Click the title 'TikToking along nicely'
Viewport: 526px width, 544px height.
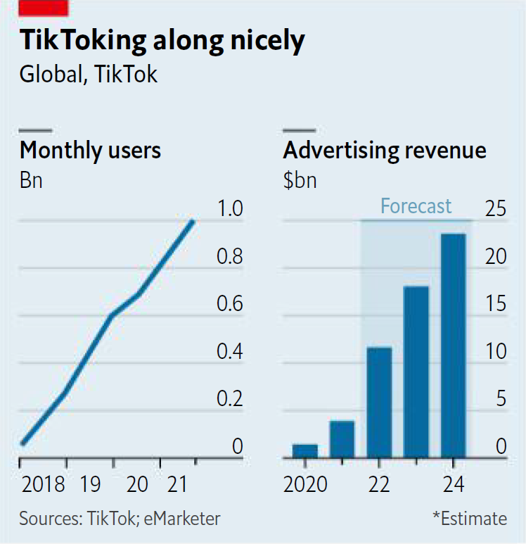(x=162, y=41)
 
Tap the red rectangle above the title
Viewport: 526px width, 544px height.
(x=44, y=8)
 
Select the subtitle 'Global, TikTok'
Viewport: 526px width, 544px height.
(x=88, y=74)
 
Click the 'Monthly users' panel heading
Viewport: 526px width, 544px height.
(x=90, y=150)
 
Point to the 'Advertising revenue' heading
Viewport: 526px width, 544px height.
(x=384, y=150)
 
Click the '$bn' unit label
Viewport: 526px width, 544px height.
(x=300, y=180)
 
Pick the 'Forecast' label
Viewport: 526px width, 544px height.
(x=416, y=205)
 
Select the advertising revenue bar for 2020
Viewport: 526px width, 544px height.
(x=305, y=450)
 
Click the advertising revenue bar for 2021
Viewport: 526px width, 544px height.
(x=342, y=439)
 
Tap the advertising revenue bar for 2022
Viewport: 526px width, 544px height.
(x=379, y=402)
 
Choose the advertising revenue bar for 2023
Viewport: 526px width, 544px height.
(x=416, y=372)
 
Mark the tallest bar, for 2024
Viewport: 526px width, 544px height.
(x=453, y=346)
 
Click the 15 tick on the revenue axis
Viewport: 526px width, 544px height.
(x=496, y=304)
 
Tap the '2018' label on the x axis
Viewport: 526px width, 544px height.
(x=42, y=485)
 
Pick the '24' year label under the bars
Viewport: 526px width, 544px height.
(x=453, y=485)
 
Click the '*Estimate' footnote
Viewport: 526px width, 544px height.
(x=469, y=519)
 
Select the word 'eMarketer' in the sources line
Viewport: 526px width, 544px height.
(x=184, y=519)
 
